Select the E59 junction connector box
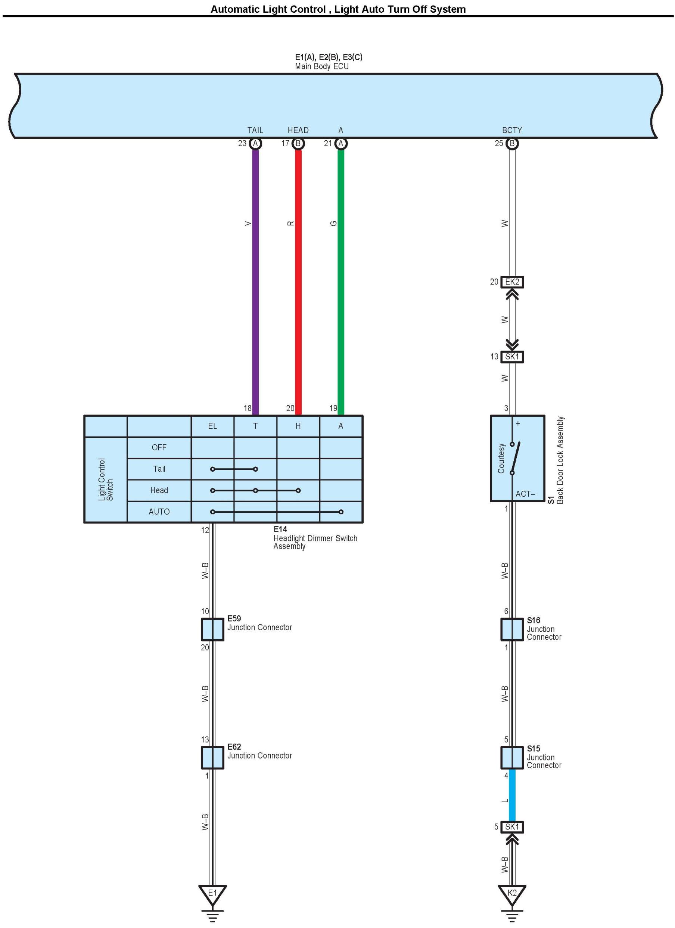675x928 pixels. click(212, 629)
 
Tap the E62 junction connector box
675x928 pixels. click(212, 758)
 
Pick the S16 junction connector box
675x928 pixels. click(512, 629)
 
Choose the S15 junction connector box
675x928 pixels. click(512, 757)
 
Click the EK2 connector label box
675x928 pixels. click(512, 282)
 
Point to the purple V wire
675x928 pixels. click(255, 278)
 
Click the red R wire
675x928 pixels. click(298, 278)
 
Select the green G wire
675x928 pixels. click(340, 278)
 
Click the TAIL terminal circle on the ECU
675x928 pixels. click(255, 144)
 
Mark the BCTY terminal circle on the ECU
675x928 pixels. click(512, 144)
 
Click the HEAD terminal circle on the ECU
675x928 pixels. click(298, 144)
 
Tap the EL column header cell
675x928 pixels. click(212, 426)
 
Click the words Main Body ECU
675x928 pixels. click(321, 66)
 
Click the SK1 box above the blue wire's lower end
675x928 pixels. click(512, 827)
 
